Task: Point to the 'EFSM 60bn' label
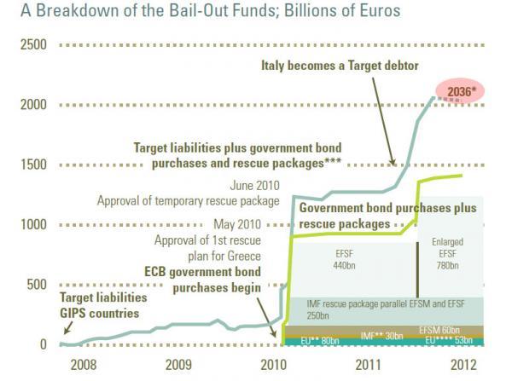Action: click(x=440, y=329)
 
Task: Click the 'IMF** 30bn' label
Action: click(x=381, y=336)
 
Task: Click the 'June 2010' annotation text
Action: click(x=254, y=185)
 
